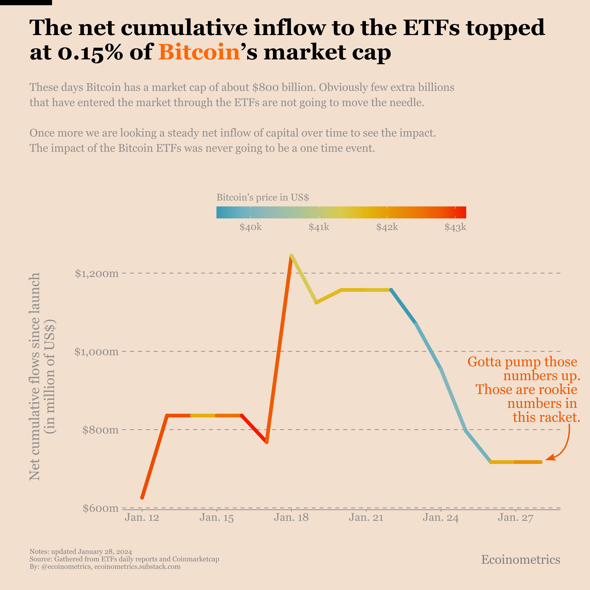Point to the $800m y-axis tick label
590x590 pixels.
[100, 430]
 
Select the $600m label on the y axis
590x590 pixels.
[100, 508]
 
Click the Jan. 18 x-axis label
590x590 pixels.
[291, 518]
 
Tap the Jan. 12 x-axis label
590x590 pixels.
[142, 518]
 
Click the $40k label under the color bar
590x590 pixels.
[250, 227]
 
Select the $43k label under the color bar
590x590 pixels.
[455, 227]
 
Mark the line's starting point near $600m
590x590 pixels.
[142, 498]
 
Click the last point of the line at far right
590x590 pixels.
[541, 462]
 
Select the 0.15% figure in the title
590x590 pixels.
[90, 52]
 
